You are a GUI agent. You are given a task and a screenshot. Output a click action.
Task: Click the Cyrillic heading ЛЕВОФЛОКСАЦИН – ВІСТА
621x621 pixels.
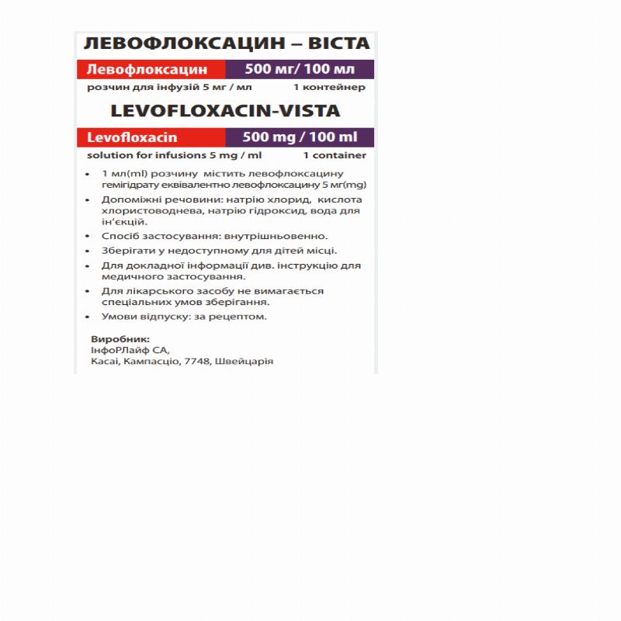[x=226, y=43]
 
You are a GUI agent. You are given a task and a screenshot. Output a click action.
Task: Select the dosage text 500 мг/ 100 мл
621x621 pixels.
[x=299, y=69]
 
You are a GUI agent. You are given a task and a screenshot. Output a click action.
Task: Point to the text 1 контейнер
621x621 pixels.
[x=329, y=87]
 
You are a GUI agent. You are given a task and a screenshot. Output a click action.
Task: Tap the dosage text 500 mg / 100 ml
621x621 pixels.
[x=300, y=137]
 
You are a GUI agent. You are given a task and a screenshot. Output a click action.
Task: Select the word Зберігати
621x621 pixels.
[x=125, y=250]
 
